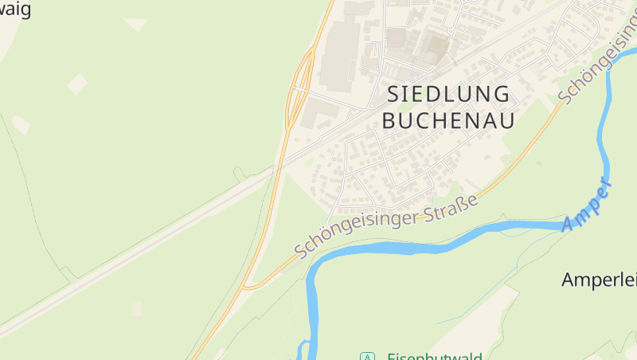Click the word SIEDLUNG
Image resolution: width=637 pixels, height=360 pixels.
tap(448, 94)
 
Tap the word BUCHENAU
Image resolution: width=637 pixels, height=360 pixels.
tap(448, 120)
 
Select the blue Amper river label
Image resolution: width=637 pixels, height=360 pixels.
tap(588, 207)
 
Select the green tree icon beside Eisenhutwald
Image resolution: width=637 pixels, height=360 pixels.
tap(366, 356)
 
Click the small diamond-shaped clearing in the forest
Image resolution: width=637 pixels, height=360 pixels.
tap(77, 83)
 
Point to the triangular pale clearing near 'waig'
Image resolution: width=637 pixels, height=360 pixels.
tap(135, 24)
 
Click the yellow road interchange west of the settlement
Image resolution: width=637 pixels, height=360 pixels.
tap(297, 88)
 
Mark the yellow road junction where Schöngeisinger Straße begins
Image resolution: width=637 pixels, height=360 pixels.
tap(248, 286)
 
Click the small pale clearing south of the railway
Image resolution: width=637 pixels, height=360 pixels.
tap(138, 309)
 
